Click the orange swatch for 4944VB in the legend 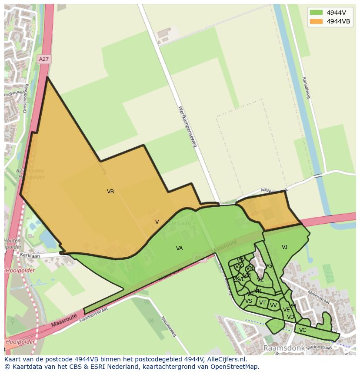point(316,21)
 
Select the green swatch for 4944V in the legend point(316,13)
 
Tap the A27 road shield point(43,59)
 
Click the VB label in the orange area point(110,191)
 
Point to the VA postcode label point(180,248)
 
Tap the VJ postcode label point(284,247)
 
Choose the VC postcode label point(303,330)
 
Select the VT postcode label point(262,303)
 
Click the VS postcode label point(249,301)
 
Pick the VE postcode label point(286,310)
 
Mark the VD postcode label point(290,317)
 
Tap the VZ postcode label point(260,280)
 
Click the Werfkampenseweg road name point(187,126)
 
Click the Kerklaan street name point(30,256)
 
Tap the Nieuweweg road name point(168,326)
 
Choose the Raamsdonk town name point(282,348)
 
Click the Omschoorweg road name point(26,98)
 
